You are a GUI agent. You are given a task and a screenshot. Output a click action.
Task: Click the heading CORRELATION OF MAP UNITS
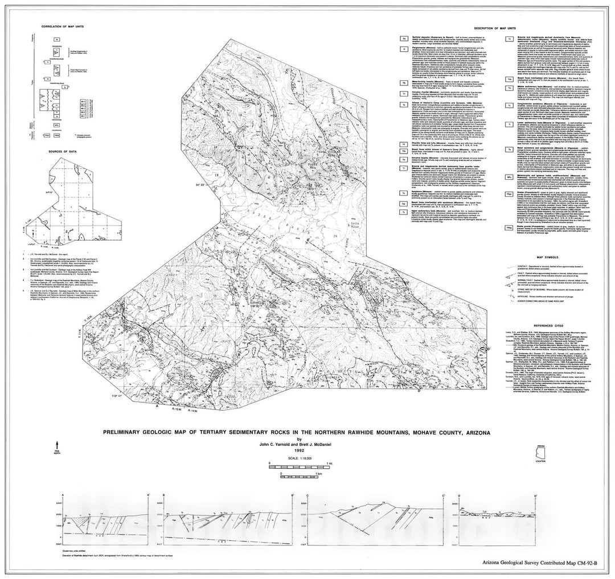(59, 26)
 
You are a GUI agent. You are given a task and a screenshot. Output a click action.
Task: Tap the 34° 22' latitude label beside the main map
(204, 185)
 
